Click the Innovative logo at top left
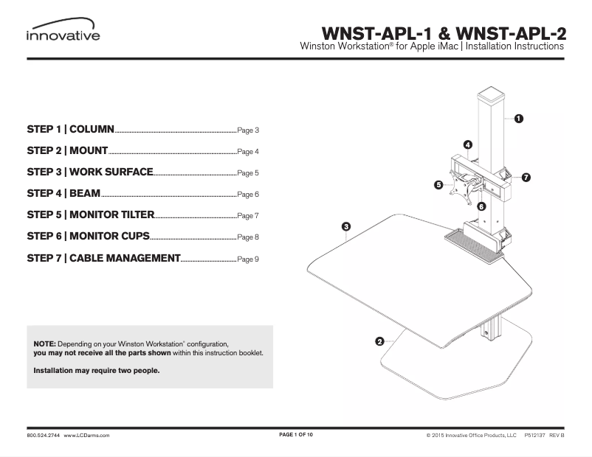pos(63,34)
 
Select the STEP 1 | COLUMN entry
pos(70,130)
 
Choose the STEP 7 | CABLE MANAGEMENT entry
pos(103,258)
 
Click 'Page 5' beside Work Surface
pos(248,174)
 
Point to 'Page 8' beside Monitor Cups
pos(248,238)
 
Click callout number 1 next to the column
pos(519,118)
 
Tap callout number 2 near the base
pos(379,341)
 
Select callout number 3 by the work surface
pos(345,226)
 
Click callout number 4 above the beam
pos(468,144)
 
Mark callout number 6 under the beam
pos(481,207)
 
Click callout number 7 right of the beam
pos(526,178)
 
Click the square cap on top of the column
pos(493,96)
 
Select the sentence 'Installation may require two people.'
pos(97,371)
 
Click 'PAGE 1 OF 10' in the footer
pos(296,436)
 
